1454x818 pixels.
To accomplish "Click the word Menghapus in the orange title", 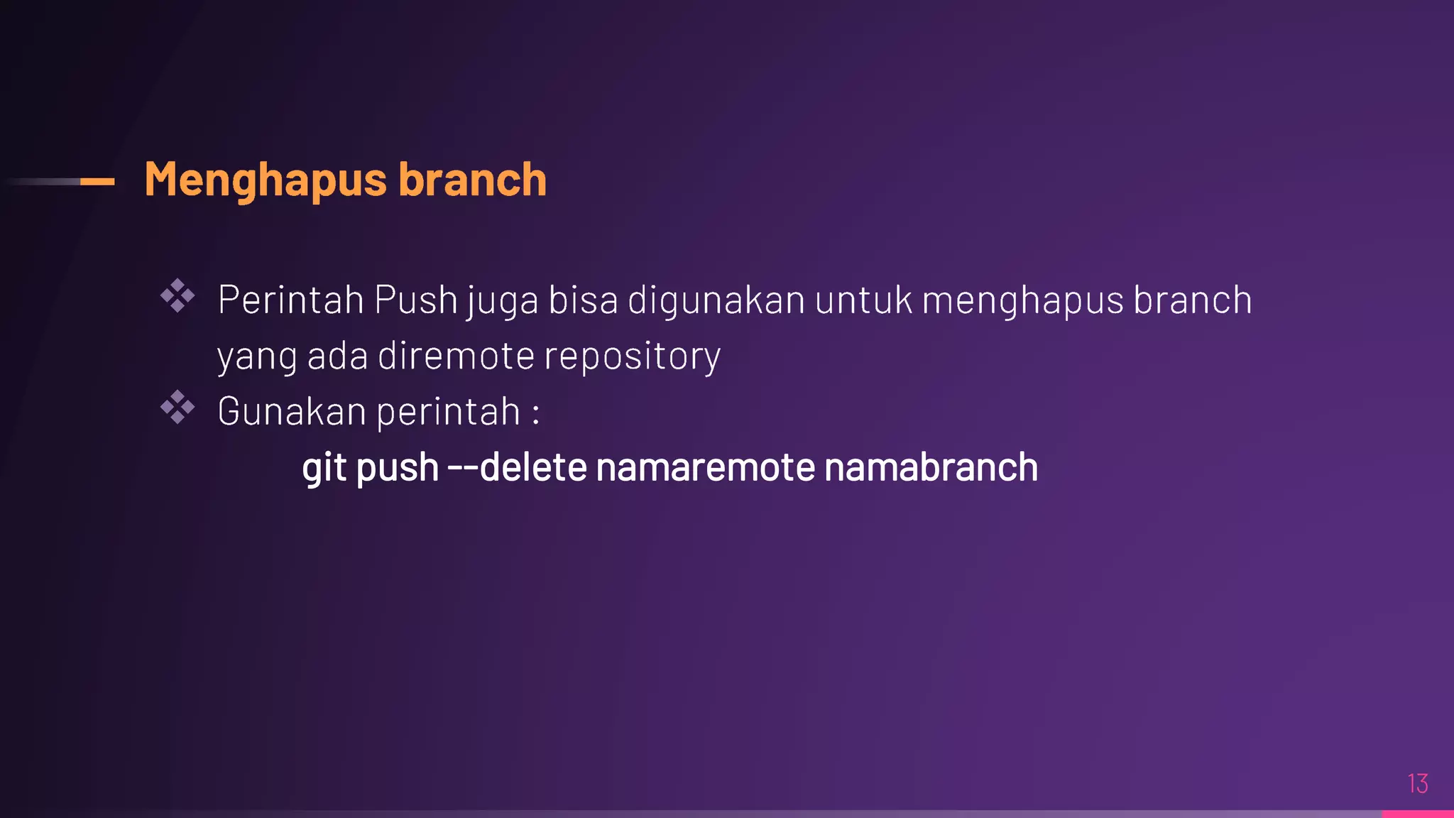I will click(266, 180).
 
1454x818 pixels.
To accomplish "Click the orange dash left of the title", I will click(97, 182).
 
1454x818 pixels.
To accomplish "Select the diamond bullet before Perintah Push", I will click(177, 296).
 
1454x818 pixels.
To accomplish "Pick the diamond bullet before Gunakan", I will click(177, 408).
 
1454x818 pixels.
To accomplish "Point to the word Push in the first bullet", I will click(415, 300).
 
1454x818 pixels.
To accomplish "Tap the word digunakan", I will click(716, 300).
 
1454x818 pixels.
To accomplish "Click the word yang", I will click(257, 356).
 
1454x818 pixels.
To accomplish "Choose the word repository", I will click(632, 356).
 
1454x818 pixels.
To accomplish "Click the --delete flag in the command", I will click(517, 467).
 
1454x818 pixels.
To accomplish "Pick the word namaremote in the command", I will click(706, 467).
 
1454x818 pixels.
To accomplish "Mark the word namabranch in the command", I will click(931, 467).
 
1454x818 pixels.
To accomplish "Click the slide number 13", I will click(1417, 784).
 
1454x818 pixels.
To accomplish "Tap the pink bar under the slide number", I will click(1417, 814).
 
